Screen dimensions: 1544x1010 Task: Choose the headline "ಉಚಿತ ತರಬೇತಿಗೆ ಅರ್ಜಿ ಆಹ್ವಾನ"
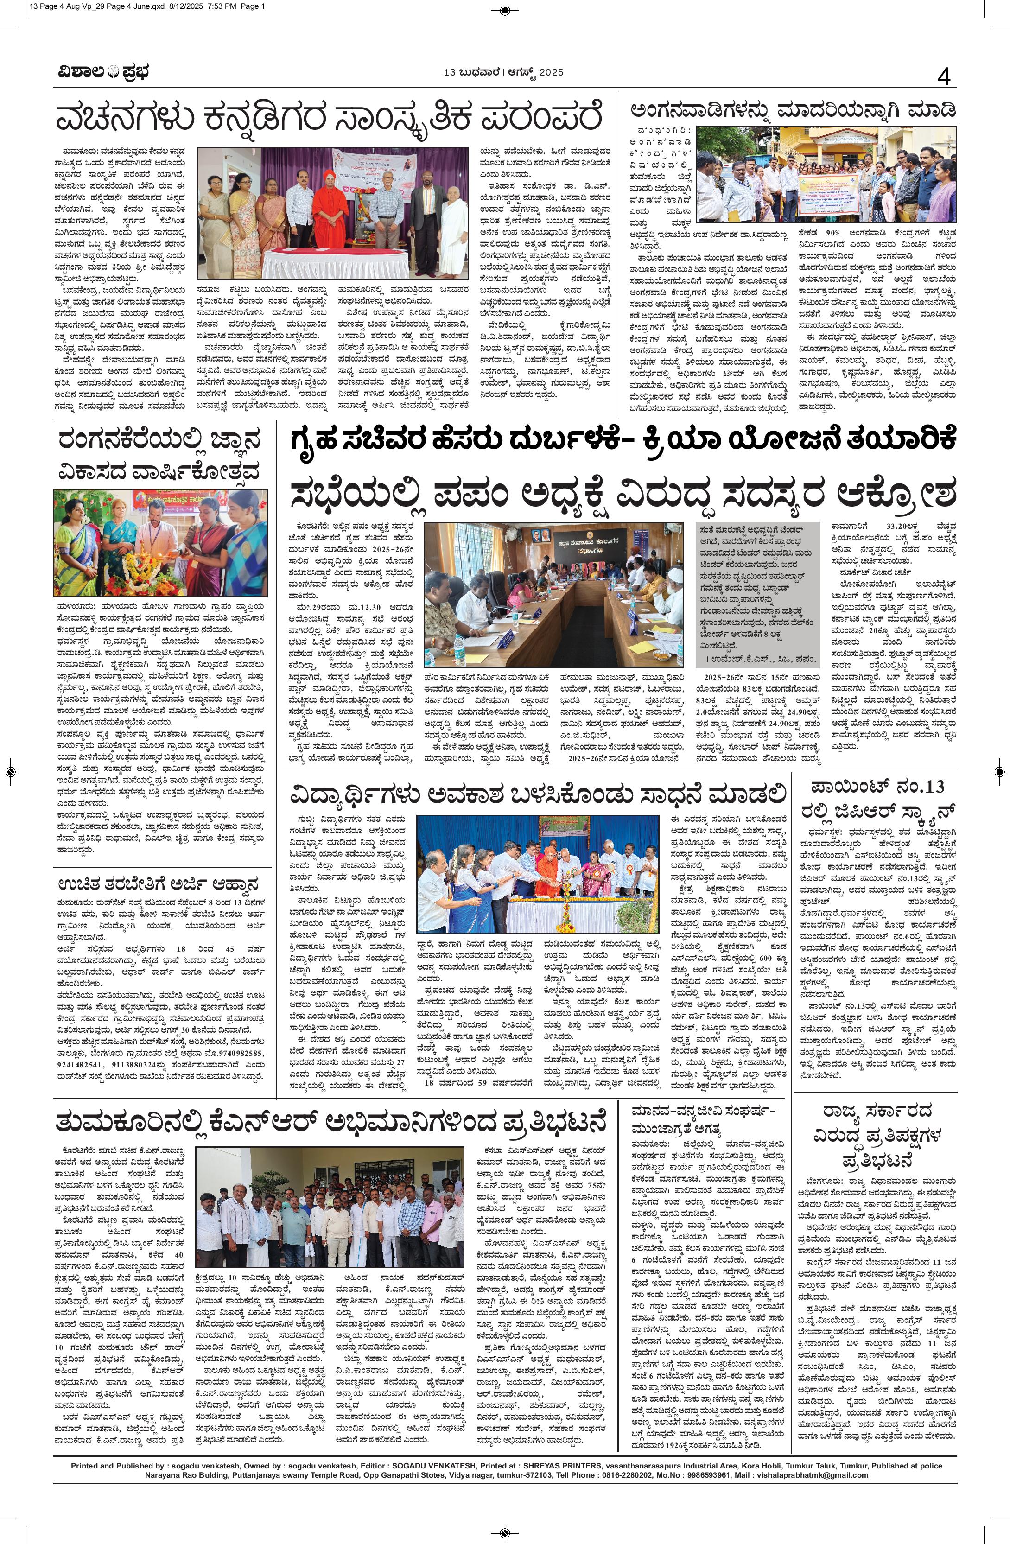[159, 885]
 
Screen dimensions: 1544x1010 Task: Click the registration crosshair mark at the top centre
[505, 9]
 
